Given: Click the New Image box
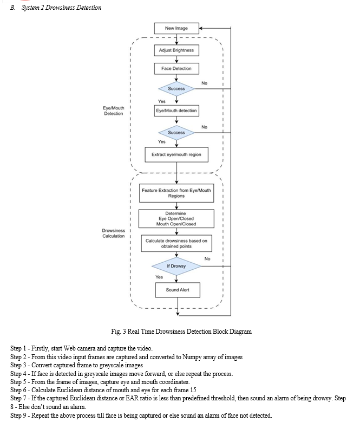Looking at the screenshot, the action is click(176, 28).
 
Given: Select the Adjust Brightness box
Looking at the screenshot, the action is click(176, 50).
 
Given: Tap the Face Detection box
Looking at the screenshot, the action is click(176, 69).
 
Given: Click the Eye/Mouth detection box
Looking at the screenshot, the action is click(176, 111).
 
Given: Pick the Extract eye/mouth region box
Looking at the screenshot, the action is click(176, 154).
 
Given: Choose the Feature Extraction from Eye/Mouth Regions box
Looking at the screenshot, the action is click(176, 193).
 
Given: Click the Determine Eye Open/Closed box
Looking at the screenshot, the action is click(176, 218).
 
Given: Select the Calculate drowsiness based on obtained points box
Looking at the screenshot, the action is click(176, 244).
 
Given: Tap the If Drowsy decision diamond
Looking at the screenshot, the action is click(176, 266).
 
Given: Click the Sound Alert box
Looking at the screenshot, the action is click(178, 290).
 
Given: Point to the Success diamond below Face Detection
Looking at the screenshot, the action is click(176, 88).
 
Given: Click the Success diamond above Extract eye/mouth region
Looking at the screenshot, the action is click(176, 133).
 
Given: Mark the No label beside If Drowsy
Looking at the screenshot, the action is click(207, 258).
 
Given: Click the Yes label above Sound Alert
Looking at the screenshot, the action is click(159, 277).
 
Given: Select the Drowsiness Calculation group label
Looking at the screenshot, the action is click(114, 233).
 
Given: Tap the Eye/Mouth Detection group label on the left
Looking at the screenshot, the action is click(114, 111).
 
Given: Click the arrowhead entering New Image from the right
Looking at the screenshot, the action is click(201, 28).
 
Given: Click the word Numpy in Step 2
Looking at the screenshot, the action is click(192, 357).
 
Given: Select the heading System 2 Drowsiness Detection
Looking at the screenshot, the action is click(62, 8).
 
